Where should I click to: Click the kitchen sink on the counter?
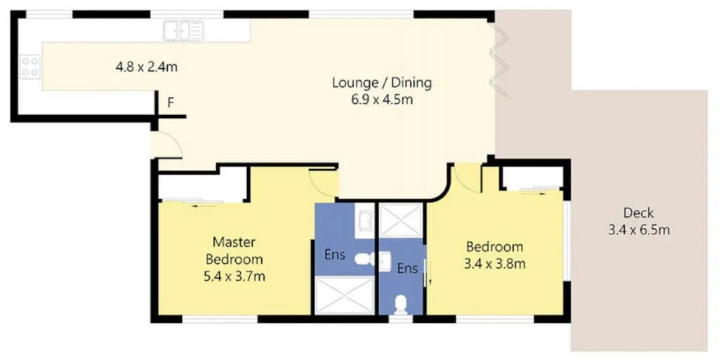pyautogui.click(x=183, y=31)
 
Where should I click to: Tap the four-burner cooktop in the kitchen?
pyautogui.click(x=30, y=67)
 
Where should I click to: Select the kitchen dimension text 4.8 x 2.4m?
pyautogui.click(x=146, y=67)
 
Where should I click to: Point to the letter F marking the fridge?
pyautogui.click(x=171, y=102)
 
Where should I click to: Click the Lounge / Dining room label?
pyautogui.click(x=382, y=83)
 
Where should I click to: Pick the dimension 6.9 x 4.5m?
pyautogui.click(x=382, y=100)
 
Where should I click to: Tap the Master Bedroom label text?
pyautogui.click(x=235, y=250)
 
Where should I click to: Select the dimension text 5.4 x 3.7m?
pyautogui.click(x=235, y=276)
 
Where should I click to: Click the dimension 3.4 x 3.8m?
pyautogui.click(x=495, y=264)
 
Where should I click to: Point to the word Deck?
pyautogui.click(x=638, y=213)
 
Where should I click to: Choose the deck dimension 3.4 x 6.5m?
pyautogui.click(x=639, y=229)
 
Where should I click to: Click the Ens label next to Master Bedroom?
pyautogui.click(x=335, y=254)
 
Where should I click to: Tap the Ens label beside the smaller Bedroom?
pyautogui.click(x=407, y=268)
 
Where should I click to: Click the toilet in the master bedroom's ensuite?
pyautogui.click(x=364, y=259)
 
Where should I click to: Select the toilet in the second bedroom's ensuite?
pyautogui.click(x=401, y=305)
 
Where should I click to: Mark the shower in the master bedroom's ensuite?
pyautogui.click(x=345, y=295)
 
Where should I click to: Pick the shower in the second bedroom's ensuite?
pyautogui.click(x=401, y=220)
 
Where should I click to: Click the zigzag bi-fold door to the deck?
pyautogui.click(x=500, y=60)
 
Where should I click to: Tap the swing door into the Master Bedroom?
pyautogui.click(x=323, y=182)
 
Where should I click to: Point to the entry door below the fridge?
pyautogui.click(x=167, y=145)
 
